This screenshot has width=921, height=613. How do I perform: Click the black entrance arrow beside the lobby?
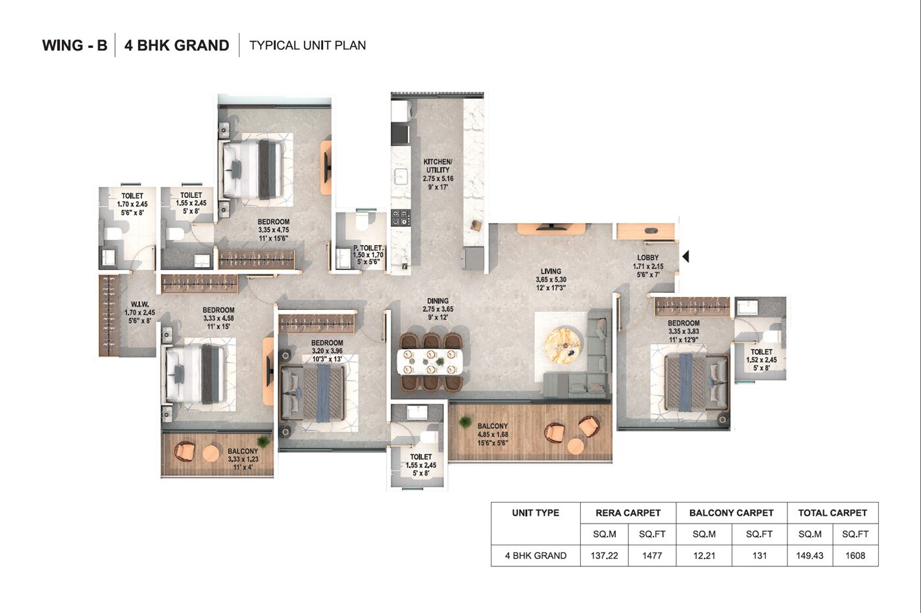(685, 257)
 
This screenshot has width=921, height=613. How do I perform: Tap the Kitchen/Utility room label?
(437, 174)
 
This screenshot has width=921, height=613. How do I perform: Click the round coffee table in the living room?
(564, 343)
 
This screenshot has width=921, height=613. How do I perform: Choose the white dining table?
(430, 361)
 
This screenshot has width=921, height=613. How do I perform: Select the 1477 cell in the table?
(651, 555)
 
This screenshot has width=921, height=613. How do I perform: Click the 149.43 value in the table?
(809, 555)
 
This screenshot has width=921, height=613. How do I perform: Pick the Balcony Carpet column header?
(731, 512)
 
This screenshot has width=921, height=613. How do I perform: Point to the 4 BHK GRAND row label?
(535, 555)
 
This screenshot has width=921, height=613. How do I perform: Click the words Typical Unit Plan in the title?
(307, 45)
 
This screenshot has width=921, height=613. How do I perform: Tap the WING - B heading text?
(74, 45)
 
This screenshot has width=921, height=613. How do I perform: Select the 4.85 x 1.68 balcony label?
(493, 434)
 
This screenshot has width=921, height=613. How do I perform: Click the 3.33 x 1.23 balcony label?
(243, 459)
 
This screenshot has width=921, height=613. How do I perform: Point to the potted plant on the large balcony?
(466, 422)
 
